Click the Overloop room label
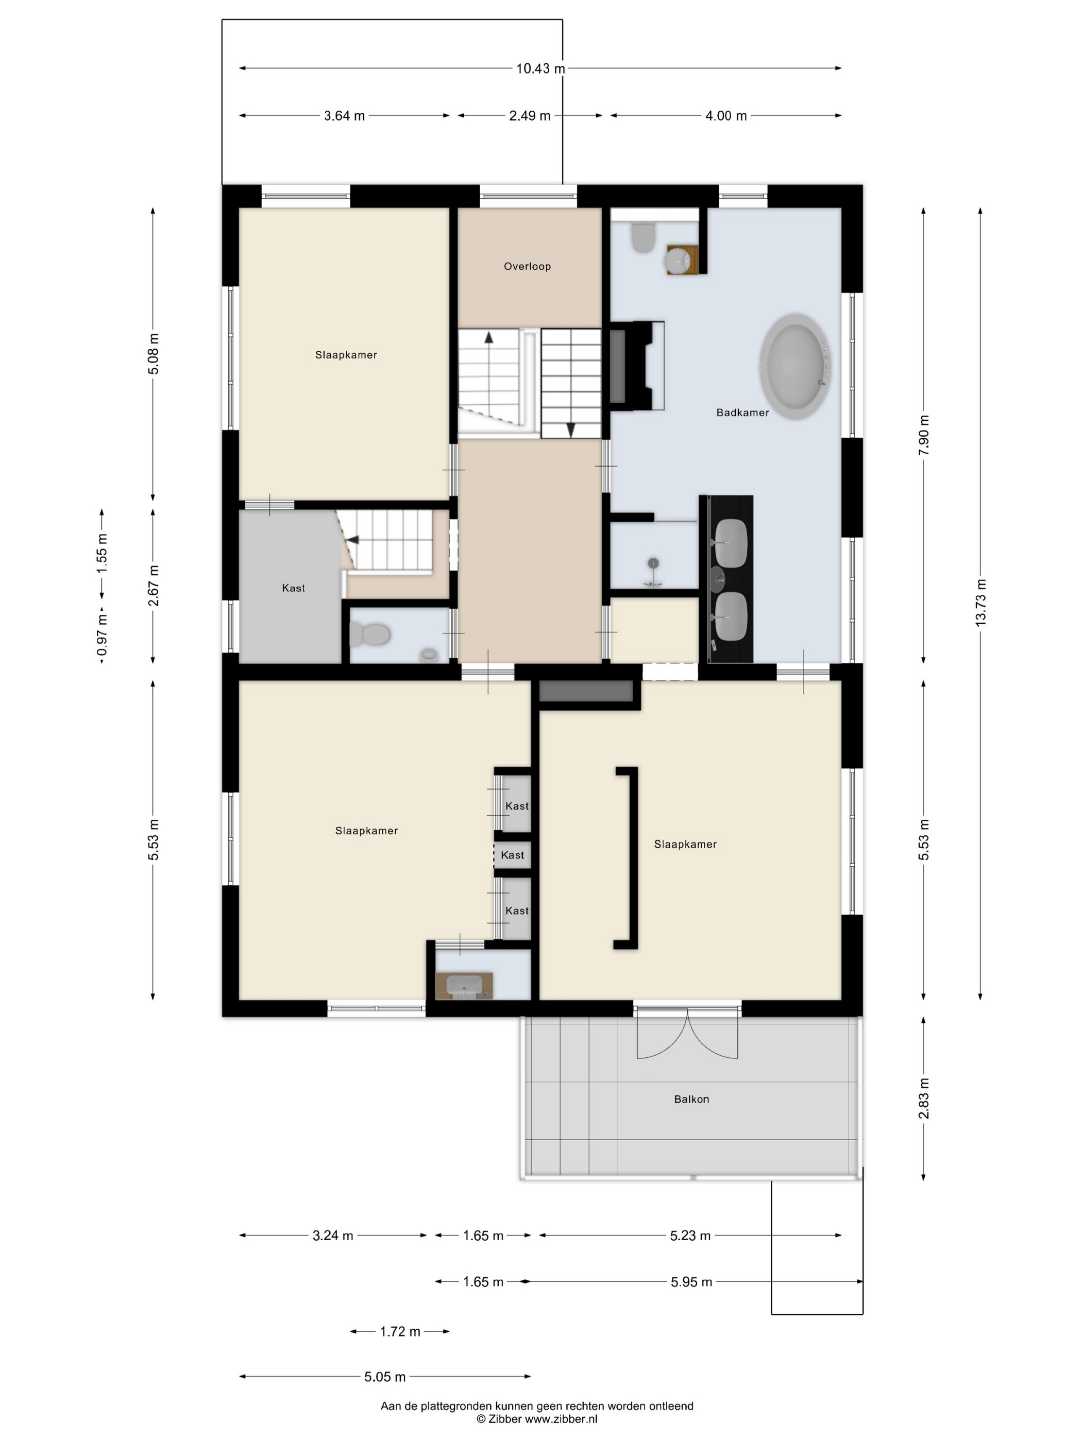(527, 266)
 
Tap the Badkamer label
(742, 412)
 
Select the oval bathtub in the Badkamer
(795, 368)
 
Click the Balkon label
(691, 1099)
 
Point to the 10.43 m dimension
(540, 68)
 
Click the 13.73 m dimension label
(980, 603)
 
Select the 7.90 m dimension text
(923, 436)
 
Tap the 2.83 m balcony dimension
(923, 1098)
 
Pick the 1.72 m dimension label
(400, 1331)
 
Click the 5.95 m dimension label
(691, 1282)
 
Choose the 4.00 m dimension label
(726, 116)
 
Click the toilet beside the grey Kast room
(370, 633)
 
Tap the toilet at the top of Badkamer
(643, 238)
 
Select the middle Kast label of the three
(512, 854)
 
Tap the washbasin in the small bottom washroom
(464, 986)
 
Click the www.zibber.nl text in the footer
(561, 1418)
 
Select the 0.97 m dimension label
(102, 635)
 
